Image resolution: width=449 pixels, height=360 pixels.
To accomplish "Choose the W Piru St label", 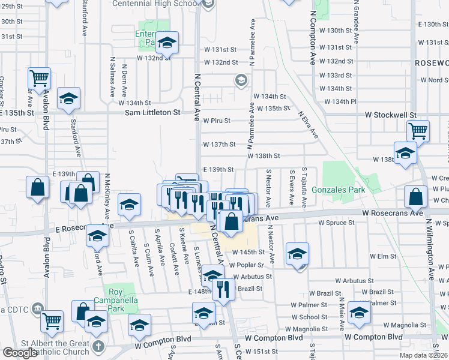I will point(217,121).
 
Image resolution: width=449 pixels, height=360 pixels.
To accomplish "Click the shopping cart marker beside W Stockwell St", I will point(418,130).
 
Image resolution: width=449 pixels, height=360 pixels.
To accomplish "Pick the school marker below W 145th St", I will point(297,253).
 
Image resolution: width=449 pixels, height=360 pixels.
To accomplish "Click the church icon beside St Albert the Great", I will point(98,347).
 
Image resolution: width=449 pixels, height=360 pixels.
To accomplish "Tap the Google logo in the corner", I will point(20,353).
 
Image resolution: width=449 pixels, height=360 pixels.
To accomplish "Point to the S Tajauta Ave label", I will point(304,187).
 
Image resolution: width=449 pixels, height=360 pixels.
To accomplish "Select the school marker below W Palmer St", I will point(360,313).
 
